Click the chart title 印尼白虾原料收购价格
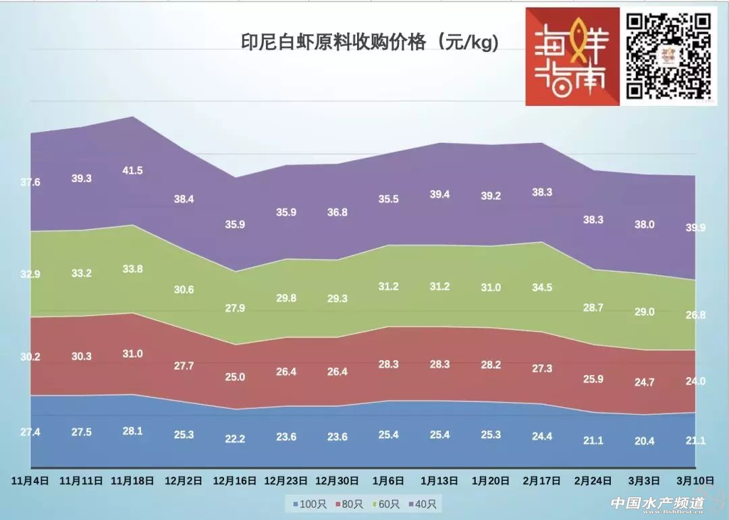point(370,43)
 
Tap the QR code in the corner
point(669,57)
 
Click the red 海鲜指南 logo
point(572,57)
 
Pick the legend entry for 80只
point(350,504)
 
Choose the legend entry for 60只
point(387,504)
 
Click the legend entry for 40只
point(423,504)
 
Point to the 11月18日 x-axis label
point(132,481)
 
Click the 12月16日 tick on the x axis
point(234,481)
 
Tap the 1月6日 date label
point(388,481)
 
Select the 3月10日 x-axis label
point(695,481)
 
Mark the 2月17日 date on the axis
point(542,481)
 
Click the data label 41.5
point(132,171)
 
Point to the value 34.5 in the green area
point(542,287)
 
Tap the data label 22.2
point(235,439)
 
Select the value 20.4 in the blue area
point(645,441)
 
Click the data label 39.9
point(695,228)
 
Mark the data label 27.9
point(235,308)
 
